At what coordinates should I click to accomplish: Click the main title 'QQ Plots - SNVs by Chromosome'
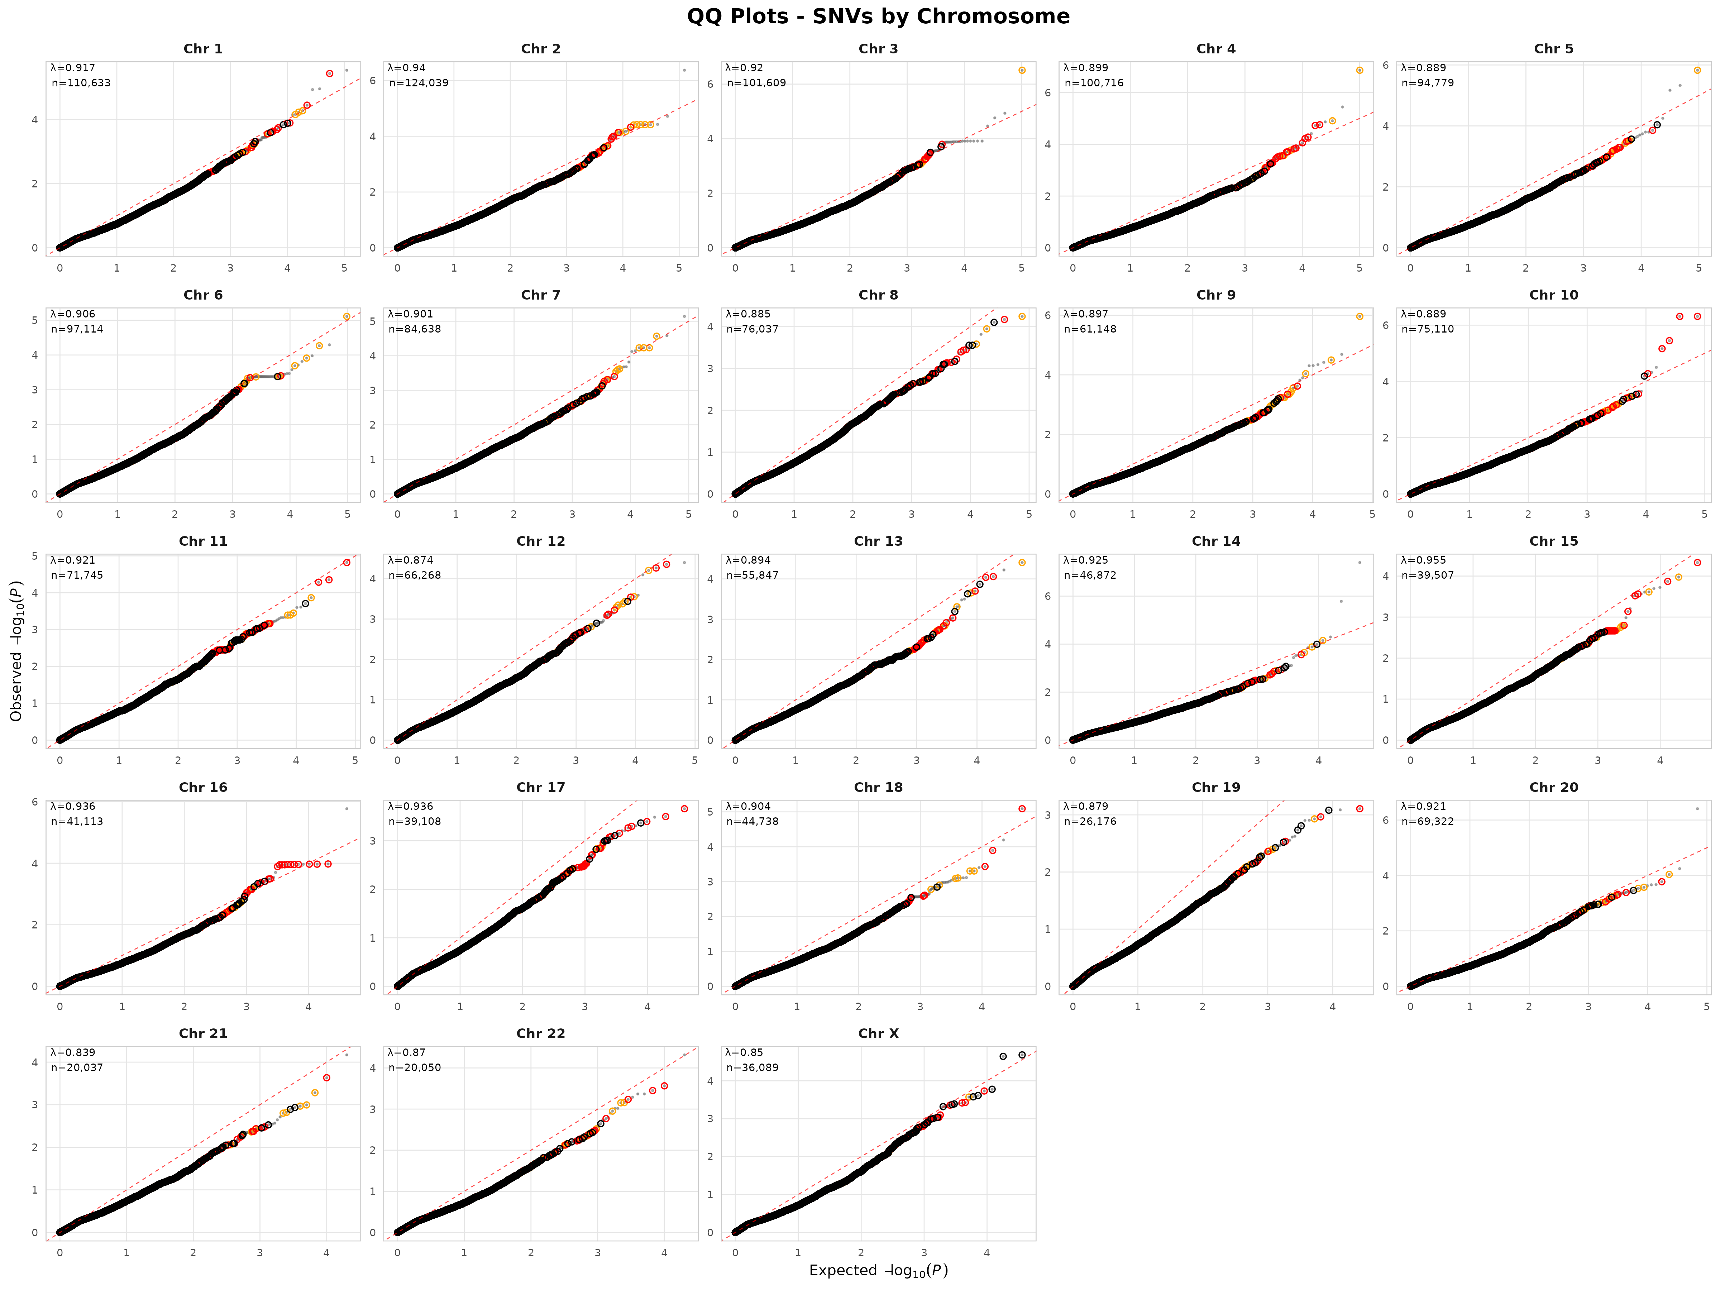(x=878, y=16)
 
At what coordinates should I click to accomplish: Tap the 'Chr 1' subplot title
(x=203, y=49)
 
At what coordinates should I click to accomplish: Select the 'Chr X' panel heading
(x=878, y=1033)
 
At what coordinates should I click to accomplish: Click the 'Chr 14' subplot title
(x=1215, y=541)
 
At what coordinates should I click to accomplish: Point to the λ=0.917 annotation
(x=73, y=68)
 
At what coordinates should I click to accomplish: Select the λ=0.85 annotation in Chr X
(x=744, y=1052)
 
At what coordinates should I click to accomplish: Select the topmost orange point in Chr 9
(x=1359, y=316)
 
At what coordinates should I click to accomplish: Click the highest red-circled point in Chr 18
(x=1022, y=809)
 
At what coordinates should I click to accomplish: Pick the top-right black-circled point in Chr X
(x=1022, y=1055)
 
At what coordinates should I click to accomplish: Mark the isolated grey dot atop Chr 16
(x=347, y=809)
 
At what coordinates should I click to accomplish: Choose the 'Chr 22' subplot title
(x=540, y=1033)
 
